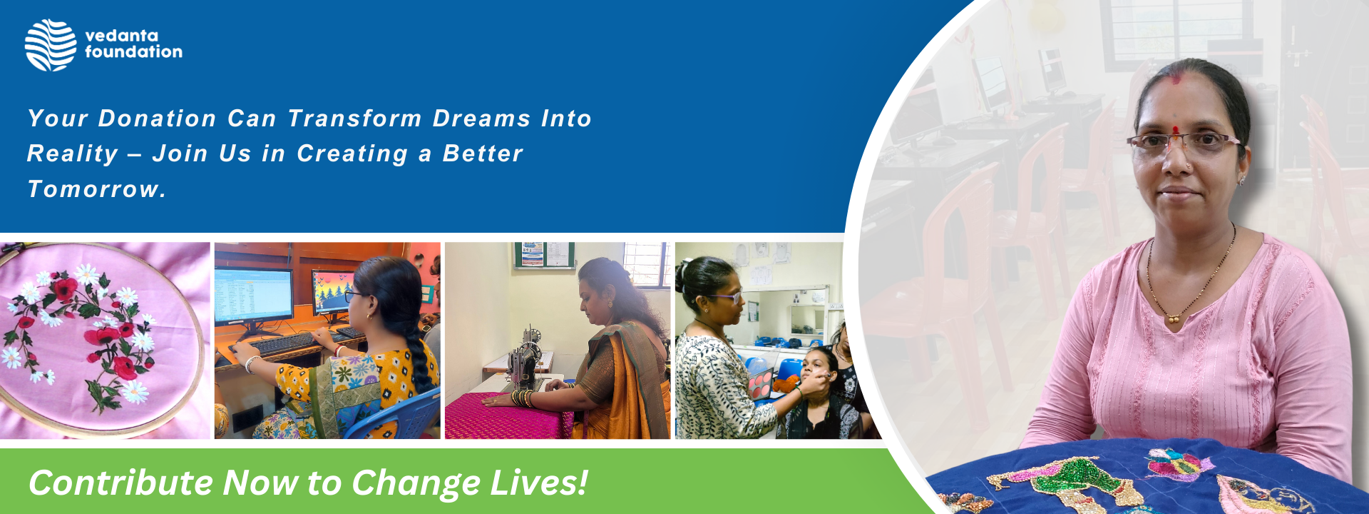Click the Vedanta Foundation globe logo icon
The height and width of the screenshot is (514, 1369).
51,45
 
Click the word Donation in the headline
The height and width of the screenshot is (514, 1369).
157,119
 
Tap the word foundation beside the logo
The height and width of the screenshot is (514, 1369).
133,51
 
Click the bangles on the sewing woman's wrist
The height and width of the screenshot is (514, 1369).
523,398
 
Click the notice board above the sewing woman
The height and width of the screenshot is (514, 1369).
544,254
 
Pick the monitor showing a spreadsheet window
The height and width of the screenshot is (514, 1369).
254,296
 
